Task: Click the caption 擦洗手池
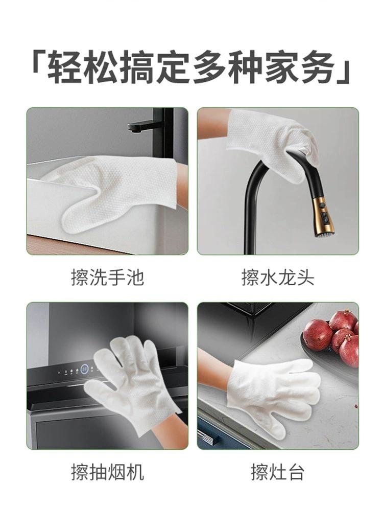pos(108,277)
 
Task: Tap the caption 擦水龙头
pos(278,277)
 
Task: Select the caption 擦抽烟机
pos(108,472)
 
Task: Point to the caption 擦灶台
pos(278,472)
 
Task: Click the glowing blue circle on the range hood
pos(85,369)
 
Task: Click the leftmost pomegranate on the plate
pos(318,335)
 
